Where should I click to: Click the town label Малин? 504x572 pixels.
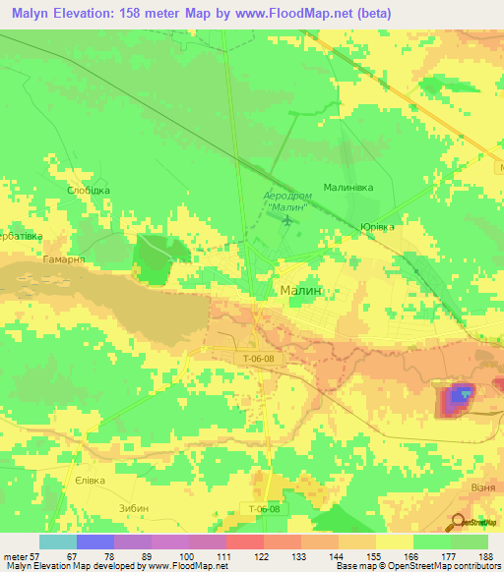click(302, 292)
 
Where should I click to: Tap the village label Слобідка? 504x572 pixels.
click(88, 190)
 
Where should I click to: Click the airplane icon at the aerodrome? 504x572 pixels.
click(286, 218)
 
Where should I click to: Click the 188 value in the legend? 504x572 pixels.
click(485, 555)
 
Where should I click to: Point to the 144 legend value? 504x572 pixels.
click(337, 555)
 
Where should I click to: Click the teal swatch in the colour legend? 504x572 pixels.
click(57, 542)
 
